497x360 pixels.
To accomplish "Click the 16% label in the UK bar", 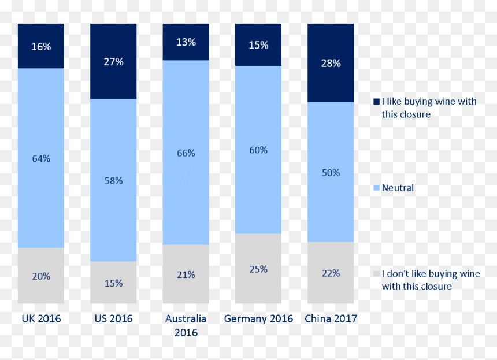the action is coord(41,47).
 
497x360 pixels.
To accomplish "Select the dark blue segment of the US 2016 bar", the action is coord(113,61).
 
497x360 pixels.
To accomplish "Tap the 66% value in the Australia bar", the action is coord(186,153).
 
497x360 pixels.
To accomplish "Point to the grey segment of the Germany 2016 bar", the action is coord(258,269).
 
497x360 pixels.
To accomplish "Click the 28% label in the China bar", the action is coord(331,64).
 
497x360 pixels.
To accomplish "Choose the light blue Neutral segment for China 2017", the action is coord(331,172).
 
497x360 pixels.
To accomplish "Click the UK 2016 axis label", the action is coord(41,318).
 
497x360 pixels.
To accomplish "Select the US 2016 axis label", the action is coord(113,318).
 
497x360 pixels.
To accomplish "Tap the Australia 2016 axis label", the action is coord(186,325).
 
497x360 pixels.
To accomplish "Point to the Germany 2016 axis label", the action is coord(258,319).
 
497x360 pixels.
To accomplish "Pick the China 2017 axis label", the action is coord(331,318).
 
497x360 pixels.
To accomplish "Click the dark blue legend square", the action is coord(377,101).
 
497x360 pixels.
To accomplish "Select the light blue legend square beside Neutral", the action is coord(377,188).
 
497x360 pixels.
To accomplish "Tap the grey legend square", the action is coord(377,274).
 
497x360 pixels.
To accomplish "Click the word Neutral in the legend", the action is coord(398,188).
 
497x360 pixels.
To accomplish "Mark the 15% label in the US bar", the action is coord(113,283).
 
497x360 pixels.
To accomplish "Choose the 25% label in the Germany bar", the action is coord(258,269).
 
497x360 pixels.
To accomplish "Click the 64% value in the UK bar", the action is coord(41,158).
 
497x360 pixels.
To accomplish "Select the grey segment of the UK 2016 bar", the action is coord(41,276).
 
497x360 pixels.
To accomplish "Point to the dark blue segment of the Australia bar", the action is coord(186,42).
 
